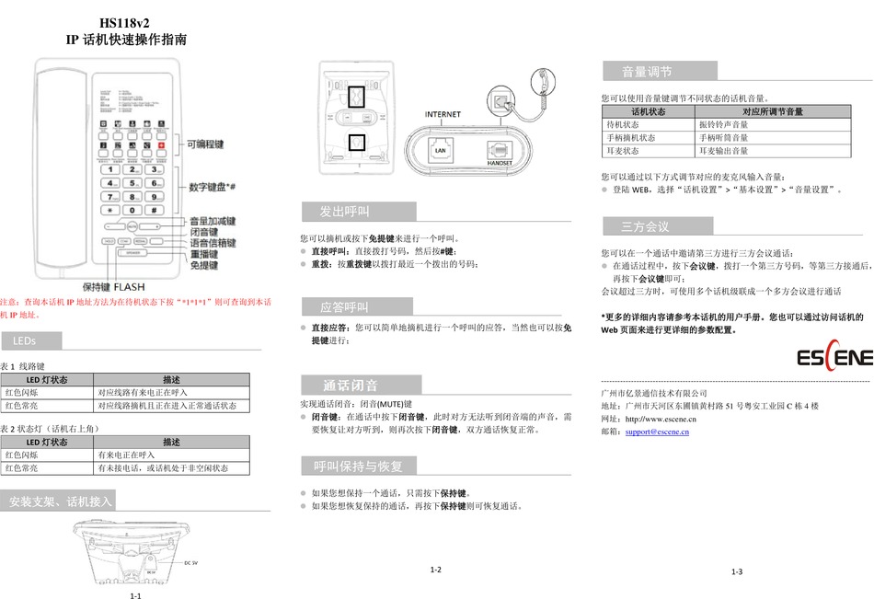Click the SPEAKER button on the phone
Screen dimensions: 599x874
point(133,253)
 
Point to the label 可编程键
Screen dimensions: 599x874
point(205,144)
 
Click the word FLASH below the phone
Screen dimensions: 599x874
point(130,286)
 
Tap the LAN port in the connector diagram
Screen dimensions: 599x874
point(440,148)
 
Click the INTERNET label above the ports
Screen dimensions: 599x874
point(443,114)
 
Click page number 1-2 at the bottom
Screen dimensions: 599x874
point(436,570)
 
